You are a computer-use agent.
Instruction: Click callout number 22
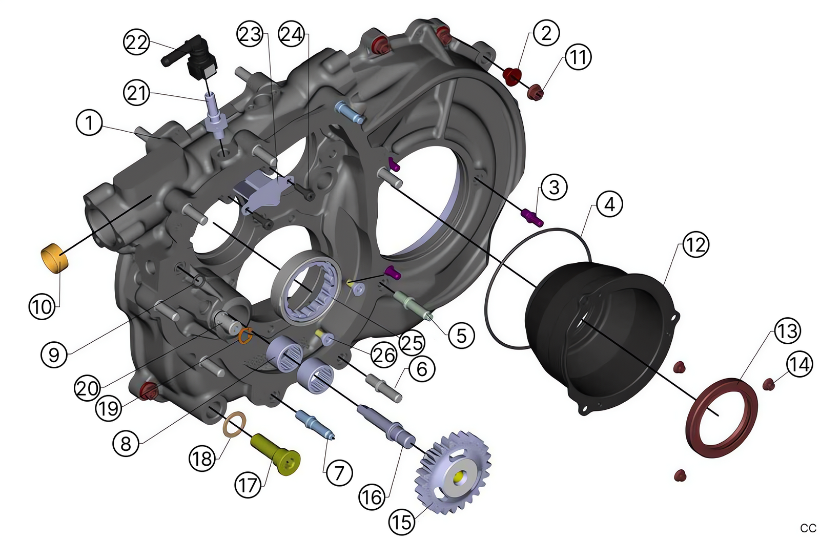tap(136, 42)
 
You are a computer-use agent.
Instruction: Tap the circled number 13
tap(787, 330)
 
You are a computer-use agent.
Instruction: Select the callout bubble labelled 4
tap(609, 204)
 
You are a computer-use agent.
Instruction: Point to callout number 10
tap(42, 306)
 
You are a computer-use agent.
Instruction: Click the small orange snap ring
tap(245, 336)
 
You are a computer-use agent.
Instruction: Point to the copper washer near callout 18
tap(235, 425)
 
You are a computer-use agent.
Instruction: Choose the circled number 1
tap(89, 123)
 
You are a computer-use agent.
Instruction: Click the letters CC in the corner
tap(808, 528)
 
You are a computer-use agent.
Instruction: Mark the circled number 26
tap(383, 355)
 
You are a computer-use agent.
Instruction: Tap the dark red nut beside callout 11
tap(536, 93)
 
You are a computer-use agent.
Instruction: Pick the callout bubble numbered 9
tap(54, 354)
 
